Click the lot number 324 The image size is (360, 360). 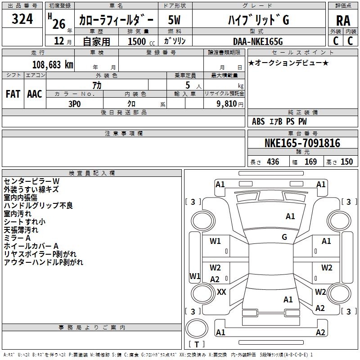22,19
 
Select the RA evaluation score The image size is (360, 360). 343,20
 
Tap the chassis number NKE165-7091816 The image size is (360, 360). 302,143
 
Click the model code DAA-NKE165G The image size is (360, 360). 258,41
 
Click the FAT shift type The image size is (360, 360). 13,94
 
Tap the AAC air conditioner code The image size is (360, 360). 35,94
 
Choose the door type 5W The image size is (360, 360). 175,20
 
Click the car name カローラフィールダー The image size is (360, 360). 116,20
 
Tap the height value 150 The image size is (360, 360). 346,162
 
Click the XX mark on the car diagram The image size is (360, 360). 221,292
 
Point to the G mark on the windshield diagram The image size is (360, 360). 284,237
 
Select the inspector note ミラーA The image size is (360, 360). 17,238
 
